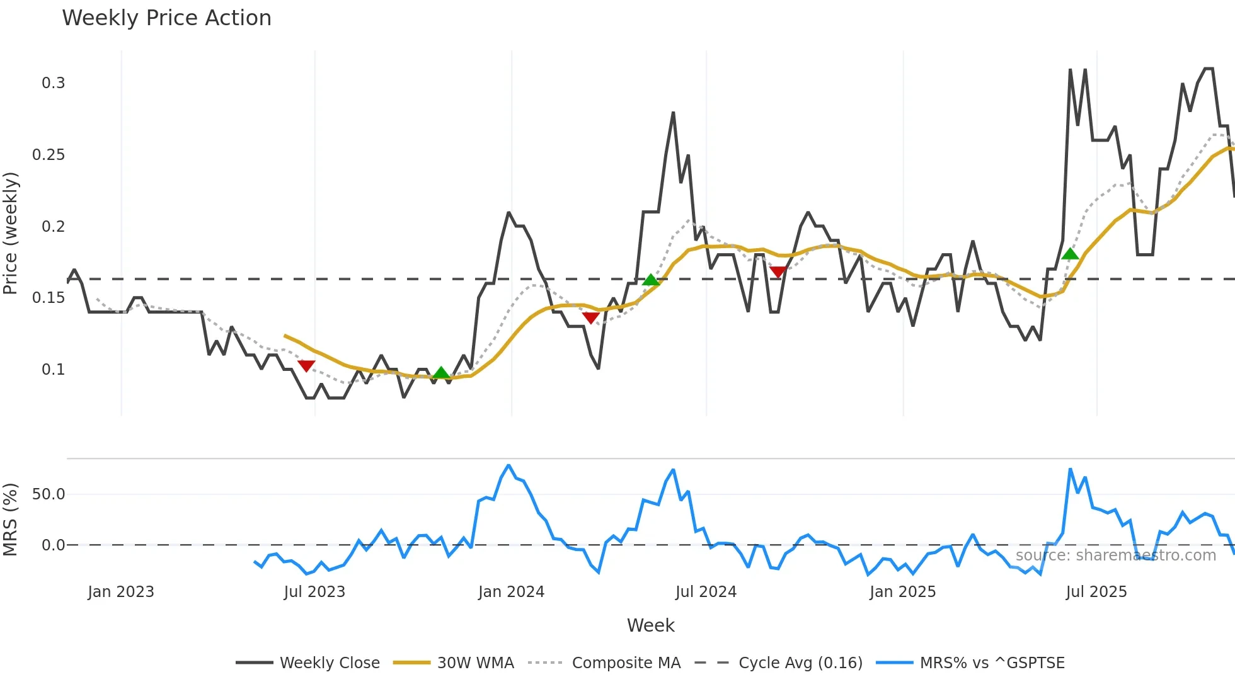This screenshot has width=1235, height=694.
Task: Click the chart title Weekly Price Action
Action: coord(166,18)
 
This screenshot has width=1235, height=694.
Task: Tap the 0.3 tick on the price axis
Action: coord(54,83)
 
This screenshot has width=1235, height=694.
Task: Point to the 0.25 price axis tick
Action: coord(49,155)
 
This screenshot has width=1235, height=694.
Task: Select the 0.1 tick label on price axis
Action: coord(54,370)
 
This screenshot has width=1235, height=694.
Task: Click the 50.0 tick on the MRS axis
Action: coord(49,494)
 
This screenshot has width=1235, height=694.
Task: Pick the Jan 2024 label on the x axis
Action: coord(511,592)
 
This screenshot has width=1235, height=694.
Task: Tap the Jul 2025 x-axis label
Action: coord(1096,592)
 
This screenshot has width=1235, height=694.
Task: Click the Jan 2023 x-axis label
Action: coord(121,592)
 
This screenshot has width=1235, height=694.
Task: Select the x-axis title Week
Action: coord(650,625)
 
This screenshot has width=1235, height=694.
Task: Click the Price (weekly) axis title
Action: coord(11,233)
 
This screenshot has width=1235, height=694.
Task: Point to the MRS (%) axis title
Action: coord(11,520)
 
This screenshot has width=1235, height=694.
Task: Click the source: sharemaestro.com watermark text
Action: coord(1115,555)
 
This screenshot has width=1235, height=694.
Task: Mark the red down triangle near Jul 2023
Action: coord(306,365)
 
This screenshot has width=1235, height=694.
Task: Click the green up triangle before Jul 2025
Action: coord(1070,254)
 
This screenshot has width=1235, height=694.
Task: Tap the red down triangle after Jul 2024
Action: coord(778,271)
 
